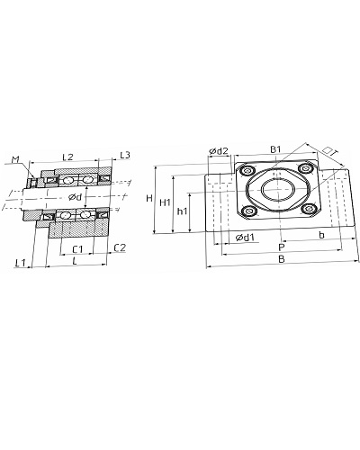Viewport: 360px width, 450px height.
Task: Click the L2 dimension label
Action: (x=67, y=157)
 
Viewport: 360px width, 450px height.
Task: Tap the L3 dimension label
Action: (x=125, y=156)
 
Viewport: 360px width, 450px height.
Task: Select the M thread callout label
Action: (x=15, y=160)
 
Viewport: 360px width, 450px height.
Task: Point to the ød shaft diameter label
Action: (x=75, y=197)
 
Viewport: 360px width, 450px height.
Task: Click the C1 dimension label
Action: (x=77, y=249)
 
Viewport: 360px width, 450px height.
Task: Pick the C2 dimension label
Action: (x=120, y=247)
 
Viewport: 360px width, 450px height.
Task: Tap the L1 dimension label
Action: (x=21, y=263)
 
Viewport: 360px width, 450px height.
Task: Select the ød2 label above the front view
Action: (x=219, y=151)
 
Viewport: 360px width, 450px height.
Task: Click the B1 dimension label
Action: (x=275, y=149)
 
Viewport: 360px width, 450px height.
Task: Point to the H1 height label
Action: (x=165, y=202)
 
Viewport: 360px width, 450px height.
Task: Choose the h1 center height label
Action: (x=182, y=211)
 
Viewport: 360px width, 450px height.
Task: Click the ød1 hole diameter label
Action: (x=245, y=238)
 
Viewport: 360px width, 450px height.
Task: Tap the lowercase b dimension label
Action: (x=321, y=235)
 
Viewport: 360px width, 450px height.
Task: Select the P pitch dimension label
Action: (x=281, y=247)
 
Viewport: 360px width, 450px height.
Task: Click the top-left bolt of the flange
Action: (x=248, y=171)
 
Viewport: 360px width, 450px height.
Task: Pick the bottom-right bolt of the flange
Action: (x=309, y=209)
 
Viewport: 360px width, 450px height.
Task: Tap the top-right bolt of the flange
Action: (x=305, y=168)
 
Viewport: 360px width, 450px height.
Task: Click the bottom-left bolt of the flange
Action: (x=249, y=211)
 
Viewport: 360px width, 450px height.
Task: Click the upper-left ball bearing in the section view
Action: (x=67, y=180)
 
